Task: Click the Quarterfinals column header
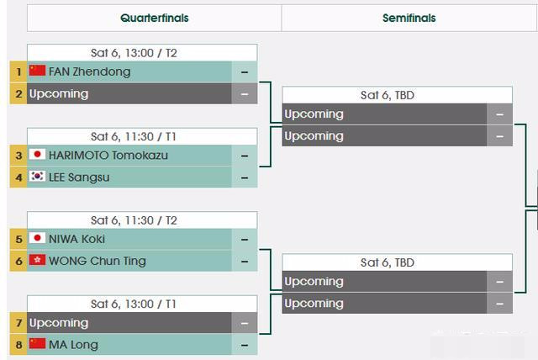coord(155,18)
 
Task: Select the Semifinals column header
coord(409,18)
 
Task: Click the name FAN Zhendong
coord(90,71)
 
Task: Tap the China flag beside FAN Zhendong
coord(37,71)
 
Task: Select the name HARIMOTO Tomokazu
coord(108,156)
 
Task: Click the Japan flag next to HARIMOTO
coord(37,154)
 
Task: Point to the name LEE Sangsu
coord(79,177)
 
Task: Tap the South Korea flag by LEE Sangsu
coord(37,176)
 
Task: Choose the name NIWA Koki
coord(76,239)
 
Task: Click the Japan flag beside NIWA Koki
coord(37,238)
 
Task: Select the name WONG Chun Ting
coord(98,261)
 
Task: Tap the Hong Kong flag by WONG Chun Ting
coord(37,260)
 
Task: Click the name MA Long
coord(73,345)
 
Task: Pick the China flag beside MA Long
coord(37,343)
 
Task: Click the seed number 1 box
coord(18,71)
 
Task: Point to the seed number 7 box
coord(18,323)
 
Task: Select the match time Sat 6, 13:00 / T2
coord(134,53)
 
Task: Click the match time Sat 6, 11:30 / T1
coord(134,136)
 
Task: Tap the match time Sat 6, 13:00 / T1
coord(134,304)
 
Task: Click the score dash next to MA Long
coord(245,345)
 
